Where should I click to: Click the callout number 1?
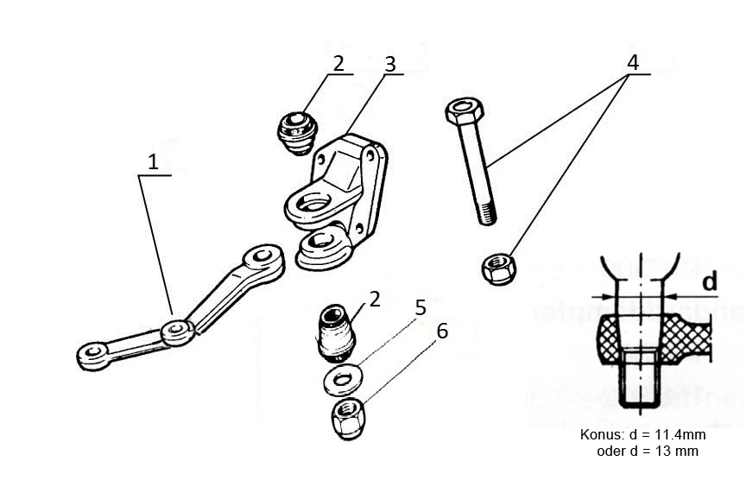point(154,161)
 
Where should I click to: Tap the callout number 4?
point(633,62)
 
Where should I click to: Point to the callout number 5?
point(421,307)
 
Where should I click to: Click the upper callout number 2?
point(339,63)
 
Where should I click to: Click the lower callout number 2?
point(374,299)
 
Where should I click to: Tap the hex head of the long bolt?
point(464,112)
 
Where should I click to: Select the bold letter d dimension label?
point(708,281)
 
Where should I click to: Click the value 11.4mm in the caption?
point(680,436)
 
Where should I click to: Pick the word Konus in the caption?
point(600,436)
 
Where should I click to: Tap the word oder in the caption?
point(611,451)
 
